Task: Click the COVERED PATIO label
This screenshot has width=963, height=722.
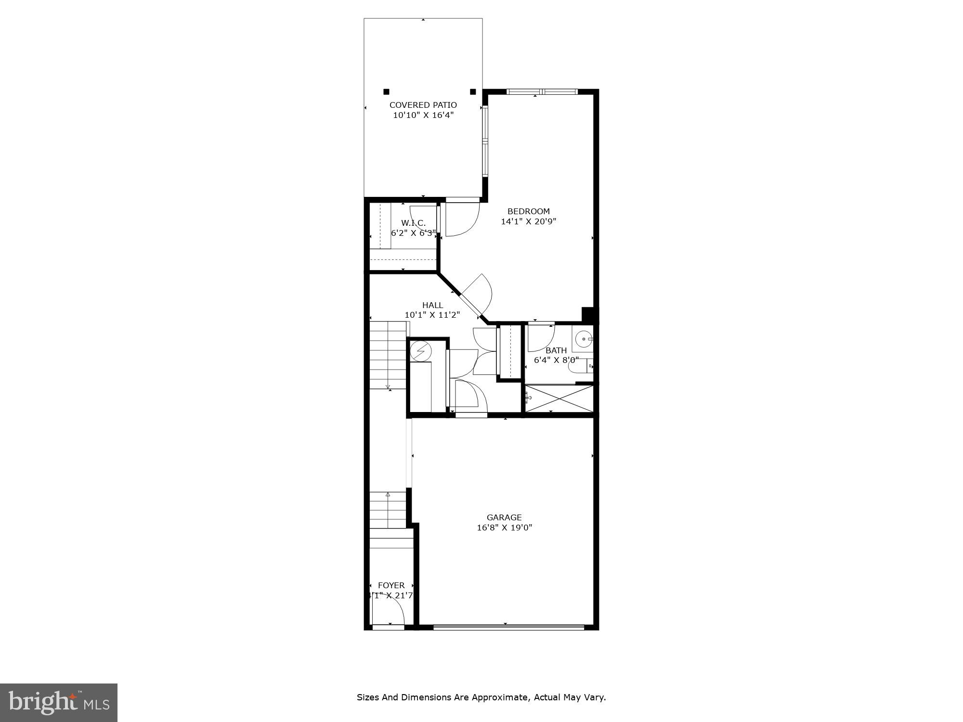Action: [x=423, y=105]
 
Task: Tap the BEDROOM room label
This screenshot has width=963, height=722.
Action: [x=528, y=211]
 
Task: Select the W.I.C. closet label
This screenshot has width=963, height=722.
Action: [x=413, y=223]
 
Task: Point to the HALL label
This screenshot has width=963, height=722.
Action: [x=432, y=305]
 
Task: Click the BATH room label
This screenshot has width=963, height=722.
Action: [x=556, y=350]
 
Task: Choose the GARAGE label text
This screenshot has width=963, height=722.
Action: [x=504, y=517]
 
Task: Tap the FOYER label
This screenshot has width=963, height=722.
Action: [x=391, y=585]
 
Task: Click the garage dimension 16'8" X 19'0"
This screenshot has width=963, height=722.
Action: [x=504, y=528]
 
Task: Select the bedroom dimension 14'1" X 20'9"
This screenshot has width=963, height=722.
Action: [x=528, y=222]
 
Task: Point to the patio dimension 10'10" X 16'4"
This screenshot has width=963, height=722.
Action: [x=423, y=115]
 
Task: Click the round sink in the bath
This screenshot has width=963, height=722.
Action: [x=584, y=339]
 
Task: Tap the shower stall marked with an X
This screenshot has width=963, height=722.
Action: [x=559, y=399]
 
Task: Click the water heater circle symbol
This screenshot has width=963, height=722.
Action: [x=419, y=351]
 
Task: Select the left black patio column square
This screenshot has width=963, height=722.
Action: [x=386, y=91]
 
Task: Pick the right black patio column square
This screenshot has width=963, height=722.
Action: [x=473, y=91]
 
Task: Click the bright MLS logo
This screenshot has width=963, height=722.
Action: [x=59, y=703]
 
